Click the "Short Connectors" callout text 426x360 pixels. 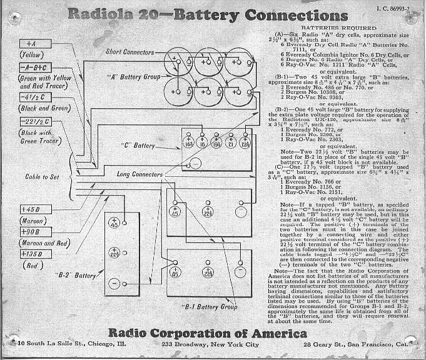[130, 52]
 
